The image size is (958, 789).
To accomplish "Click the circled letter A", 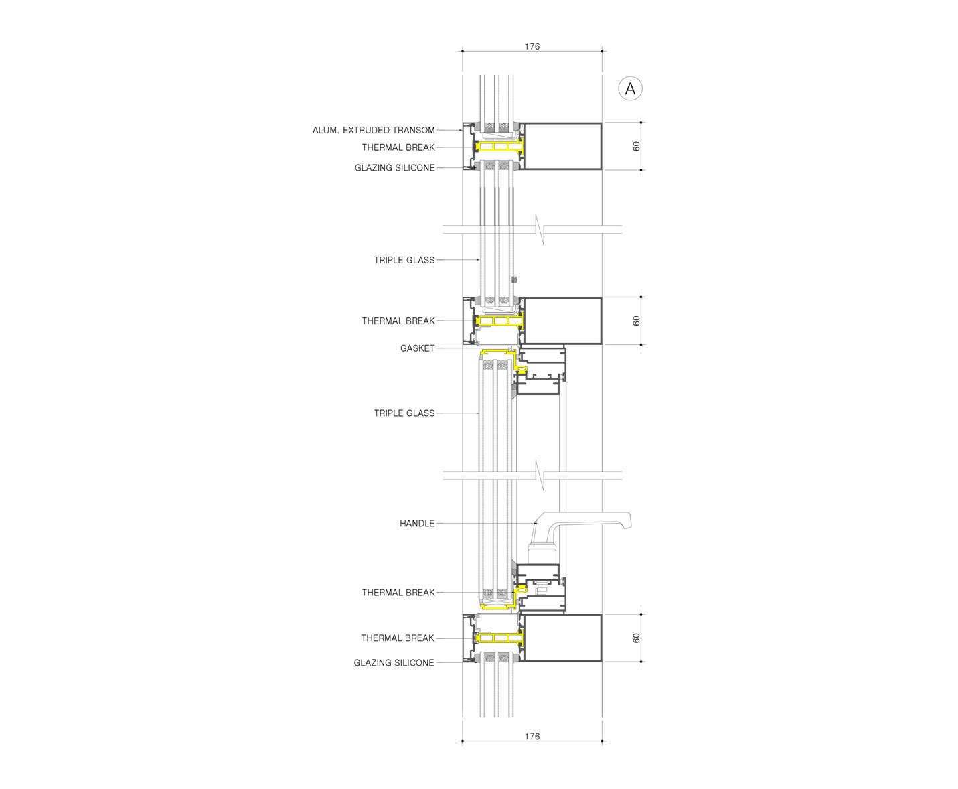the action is [x=629, y=88].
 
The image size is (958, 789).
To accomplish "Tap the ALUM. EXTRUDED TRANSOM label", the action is [x=374, y=131].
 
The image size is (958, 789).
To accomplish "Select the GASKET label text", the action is [x=417, y=348].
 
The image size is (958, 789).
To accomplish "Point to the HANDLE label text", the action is [x=417, y=524].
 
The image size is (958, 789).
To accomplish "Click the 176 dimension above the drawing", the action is [x=532, y=46].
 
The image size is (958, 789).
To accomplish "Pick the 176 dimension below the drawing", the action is [x=532, y=736].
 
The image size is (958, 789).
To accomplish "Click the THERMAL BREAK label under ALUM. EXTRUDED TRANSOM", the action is [x=398, y=147].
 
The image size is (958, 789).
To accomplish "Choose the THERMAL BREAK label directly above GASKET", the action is [x=398, y=321].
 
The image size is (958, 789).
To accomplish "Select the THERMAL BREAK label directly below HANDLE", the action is [x=398, y=593].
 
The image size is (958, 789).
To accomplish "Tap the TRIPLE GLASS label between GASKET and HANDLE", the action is [x=404, y=413].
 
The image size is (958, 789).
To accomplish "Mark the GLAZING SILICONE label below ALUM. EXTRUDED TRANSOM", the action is [x=395, y=167].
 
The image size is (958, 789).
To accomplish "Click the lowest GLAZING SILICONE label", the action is [x=394, y=662].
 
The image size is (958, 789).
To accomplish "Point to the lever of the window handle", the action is [x=586, y=521].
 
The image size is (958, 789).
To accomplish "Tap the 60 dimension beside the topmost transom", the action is [x=636, y=146].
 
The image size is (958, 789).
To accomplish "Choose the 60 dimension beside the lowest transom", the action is [x=636, y=638].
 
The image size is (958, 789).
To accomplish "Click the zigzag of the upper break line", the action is [x=540, y=230].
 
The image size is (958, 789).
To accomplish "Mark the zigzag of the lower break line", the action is [x=540, y=476].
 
